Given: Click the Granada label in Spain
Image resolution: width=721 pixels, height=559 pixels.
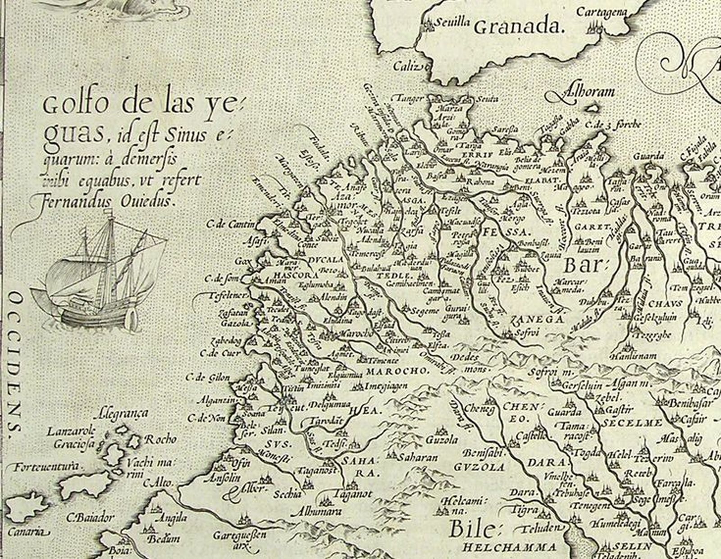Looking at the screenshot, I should pos(519,27).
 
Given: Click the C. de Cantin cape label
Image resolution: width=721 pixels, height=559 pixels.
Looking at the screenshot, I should pos(230,224).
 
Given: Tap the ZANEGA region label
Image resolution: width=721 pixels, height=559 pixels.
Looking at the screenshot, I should pos(537,319).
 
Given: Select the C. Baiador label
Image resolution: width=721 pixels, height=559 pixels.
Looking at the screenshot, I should pos(91,518).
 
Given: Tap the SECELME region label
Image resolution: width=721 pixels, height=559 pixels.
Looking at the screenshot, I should pos(631,423).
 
